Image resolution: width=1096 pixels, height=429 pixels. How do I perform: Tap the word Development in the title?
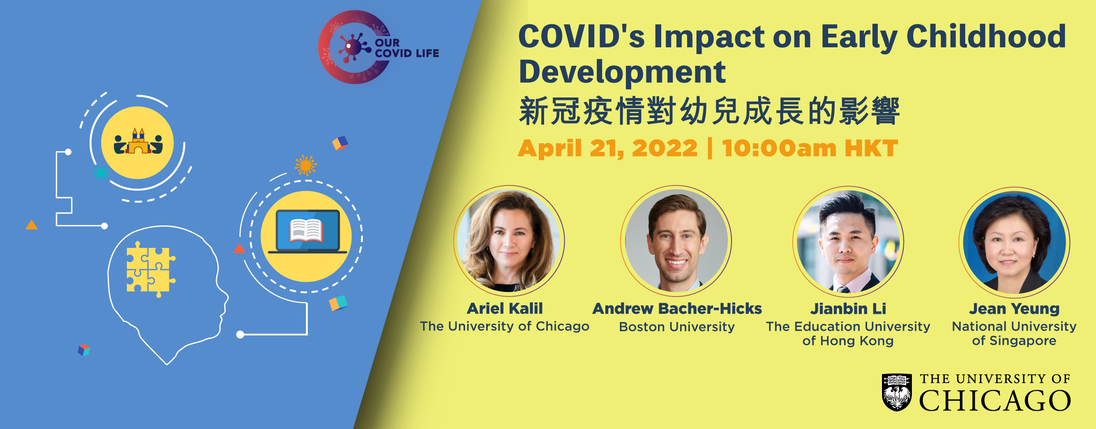coord(622,72)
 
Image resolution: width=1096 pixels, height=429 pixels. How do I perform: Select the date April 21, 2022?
coord(607,148)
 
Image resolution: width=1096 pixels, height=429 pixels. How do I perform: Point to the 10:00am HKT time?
coord(810,148)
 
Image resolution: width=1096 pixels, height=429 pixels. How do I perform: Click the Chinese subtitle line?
coord(709,111)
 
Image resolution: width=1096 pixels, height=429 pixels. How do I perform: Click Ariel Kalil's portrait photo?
coord(509,241)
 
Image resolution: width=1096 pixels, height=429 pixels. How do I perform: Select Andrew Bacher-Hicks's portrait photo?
coord(676,241)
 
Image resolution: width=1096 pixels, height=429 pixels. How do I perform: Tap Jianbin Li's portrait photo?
coord(848,241)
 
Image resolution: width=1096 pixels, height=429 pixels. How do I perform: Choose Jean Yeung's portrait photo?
coord(1014,242)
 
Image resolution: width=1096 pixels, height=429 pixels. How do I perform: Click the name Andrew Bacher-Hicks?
coord(677,308)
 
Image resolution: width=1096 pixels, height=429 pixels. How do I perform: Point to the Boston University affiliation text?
coord(677,327)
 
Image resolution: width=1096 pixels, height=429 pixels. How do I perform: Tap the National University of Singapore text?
coord(1014,334)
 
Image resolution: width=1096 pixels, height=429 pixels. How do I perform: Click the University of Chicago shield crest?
coord(896,392)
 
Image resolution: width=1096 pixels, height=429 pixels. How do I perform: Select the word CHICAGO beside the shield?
coord(995,401)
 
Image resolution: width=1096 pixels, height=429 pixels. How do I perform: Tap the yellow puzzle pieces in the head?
coord(151,269)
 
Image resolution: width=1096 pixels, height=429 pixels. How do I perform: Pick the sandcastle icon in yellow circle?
coord(138,141)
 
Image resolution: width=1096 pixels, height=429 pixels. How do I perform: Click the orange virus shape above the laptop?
coord(305,165)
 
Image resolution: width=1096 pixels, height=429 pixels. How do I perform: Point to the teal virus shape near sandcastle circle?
coord(100,172)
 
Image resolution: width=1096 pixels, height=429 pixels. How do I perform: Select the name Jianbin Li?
coord(848,308)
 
